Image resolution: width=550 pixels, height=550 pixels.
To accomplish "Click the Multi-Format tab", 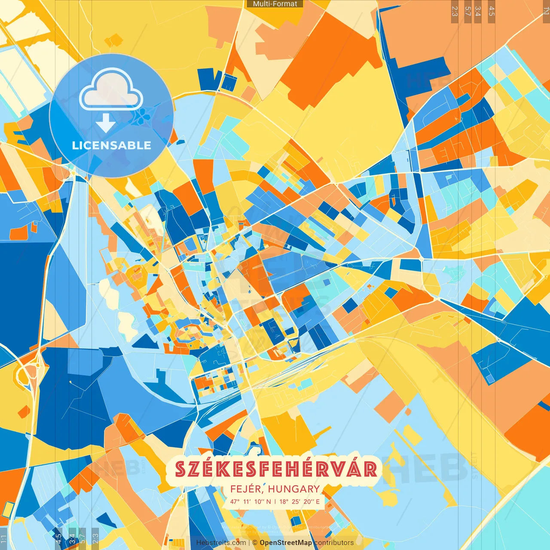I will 275,4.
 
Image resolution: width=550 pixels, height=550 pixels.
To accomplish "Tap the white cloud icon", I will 111,90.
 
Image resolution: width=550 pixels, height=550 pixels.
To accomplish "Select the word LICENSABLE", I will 112,145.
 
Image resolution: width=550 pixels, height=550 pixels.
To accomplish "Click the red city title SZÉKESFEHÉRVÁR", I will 276,469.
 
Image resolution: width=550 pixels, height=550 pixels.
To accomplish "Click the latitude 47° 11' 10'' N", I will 251,501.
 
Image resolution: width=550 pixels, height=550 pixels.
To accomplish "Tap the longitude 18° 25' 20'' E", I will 299,501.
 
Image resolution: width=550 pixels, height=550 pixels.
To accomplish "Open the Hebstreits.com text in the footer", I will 221,543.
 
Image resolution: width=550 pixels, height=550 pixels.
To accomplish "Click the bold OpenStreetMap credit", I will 286,543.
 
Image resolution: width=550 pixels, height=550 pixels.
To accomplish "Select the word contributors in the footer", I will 334,543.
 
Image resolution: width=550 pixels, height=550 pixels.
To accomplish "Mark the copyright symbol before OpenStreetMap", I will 255,543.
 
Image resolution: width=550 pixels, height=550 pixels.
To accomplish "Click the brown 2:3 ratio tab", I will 454,11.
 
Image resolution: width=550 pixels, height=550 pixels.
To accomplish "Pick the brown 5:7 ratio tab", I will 467,11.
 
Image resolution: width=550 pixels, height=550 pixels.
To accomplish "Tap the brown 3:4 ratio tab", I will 478,11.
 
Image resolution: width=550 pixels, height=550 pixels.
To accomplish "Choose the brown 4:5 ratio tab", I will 491,11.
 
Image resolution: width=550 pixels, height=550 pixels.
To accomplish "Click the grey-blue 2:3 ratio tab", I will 95,538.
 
